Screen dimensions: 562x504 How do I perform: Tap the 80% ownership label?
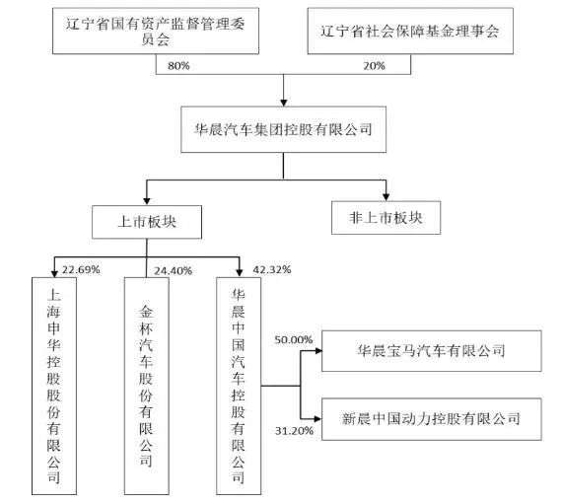click(x=178, y=66)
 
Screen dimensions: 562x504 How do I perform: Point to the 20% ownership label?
click(x=375, y=66)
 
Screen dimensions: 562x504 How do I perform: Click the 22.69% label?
click(x=81, y=269)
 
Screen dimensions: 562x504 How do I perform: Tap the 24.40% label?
click(x=174, y=270)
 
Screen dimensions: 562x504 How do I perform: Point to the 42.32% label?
click(x=272, y=269)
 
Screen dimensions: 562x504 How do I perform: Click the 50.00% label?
click(x=294, y=339)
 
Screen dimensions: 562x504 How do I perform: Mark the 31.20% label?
click(x=294, y=430)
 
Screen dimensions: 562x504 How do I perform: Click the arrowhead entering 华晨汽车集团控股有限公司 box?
click(x=284, y=103)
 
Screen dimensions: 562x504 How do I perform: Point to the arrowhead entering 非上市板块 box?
click(x=386, y=197)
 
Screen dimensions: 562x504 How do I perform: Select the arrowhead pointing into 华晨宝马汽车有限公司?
click(x=318, y=351)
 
